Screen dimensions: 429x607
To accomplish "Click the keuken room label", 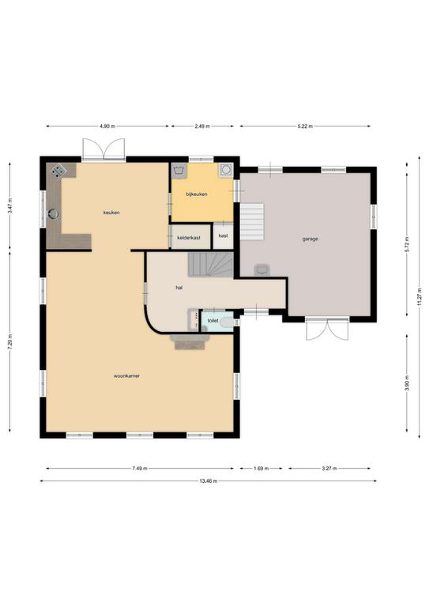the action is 111,213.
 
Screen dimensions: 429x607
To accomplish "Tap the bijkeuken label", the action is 197,194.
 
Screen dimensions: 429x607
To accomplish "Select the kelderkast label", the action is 189,238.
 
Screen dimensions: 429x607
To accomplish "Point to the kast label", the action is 224,236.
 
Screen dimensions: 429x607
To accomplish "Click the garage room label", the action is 310,239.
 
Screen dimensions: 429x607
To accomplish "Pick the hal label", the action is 179,288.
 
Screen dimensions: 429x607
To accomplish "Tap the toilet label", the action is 213,321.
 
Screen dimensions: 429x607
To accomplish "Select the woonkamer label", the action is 126,376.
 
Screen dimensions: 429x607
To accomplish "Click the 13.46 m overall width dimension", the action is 208,481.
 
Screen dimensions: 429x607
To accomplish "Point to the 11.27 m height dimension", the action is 420,297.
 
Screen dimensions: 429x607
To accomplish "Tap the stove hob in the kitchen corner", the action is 58,171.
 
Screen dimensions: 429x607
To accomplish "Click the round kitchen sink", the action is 53,213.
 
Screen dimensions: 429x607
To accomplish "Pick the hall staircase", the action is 210,265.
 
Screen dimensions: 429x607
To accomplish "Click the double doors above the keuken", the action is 104,149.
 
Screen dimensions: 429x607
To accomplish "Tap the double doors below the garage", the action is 327,330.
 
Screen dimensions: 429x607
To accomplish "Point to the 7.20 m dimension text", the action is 9,341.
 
